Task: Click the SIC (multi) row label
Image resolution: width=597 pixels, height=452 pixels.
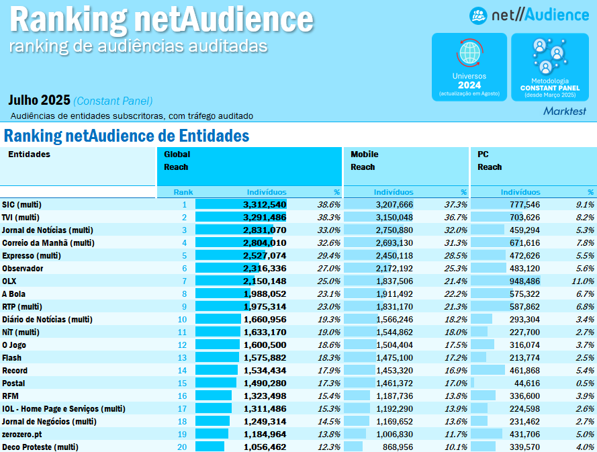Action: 21,204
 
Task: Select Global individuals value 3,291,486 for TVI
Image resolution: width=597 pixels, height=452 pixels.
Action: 265,217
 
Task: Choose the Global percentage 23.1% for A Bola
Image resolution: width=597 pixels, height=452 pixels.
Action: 328,293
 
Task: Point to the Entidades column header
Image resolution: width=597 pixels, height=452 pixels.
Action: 29,154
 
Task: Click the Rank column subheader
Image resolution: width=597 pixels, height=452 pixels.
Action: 183,192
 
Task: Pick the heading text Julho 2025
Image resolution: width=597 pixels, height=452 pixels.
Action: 39,101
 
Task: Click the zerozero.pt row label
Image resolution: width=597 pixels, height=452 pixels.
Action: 22,434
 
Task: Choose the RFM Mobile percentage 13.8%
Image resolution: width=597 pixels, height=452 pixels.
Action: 455,396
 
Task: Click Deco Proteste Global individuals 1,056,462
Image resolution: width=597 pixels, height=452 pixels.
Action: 265,447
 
